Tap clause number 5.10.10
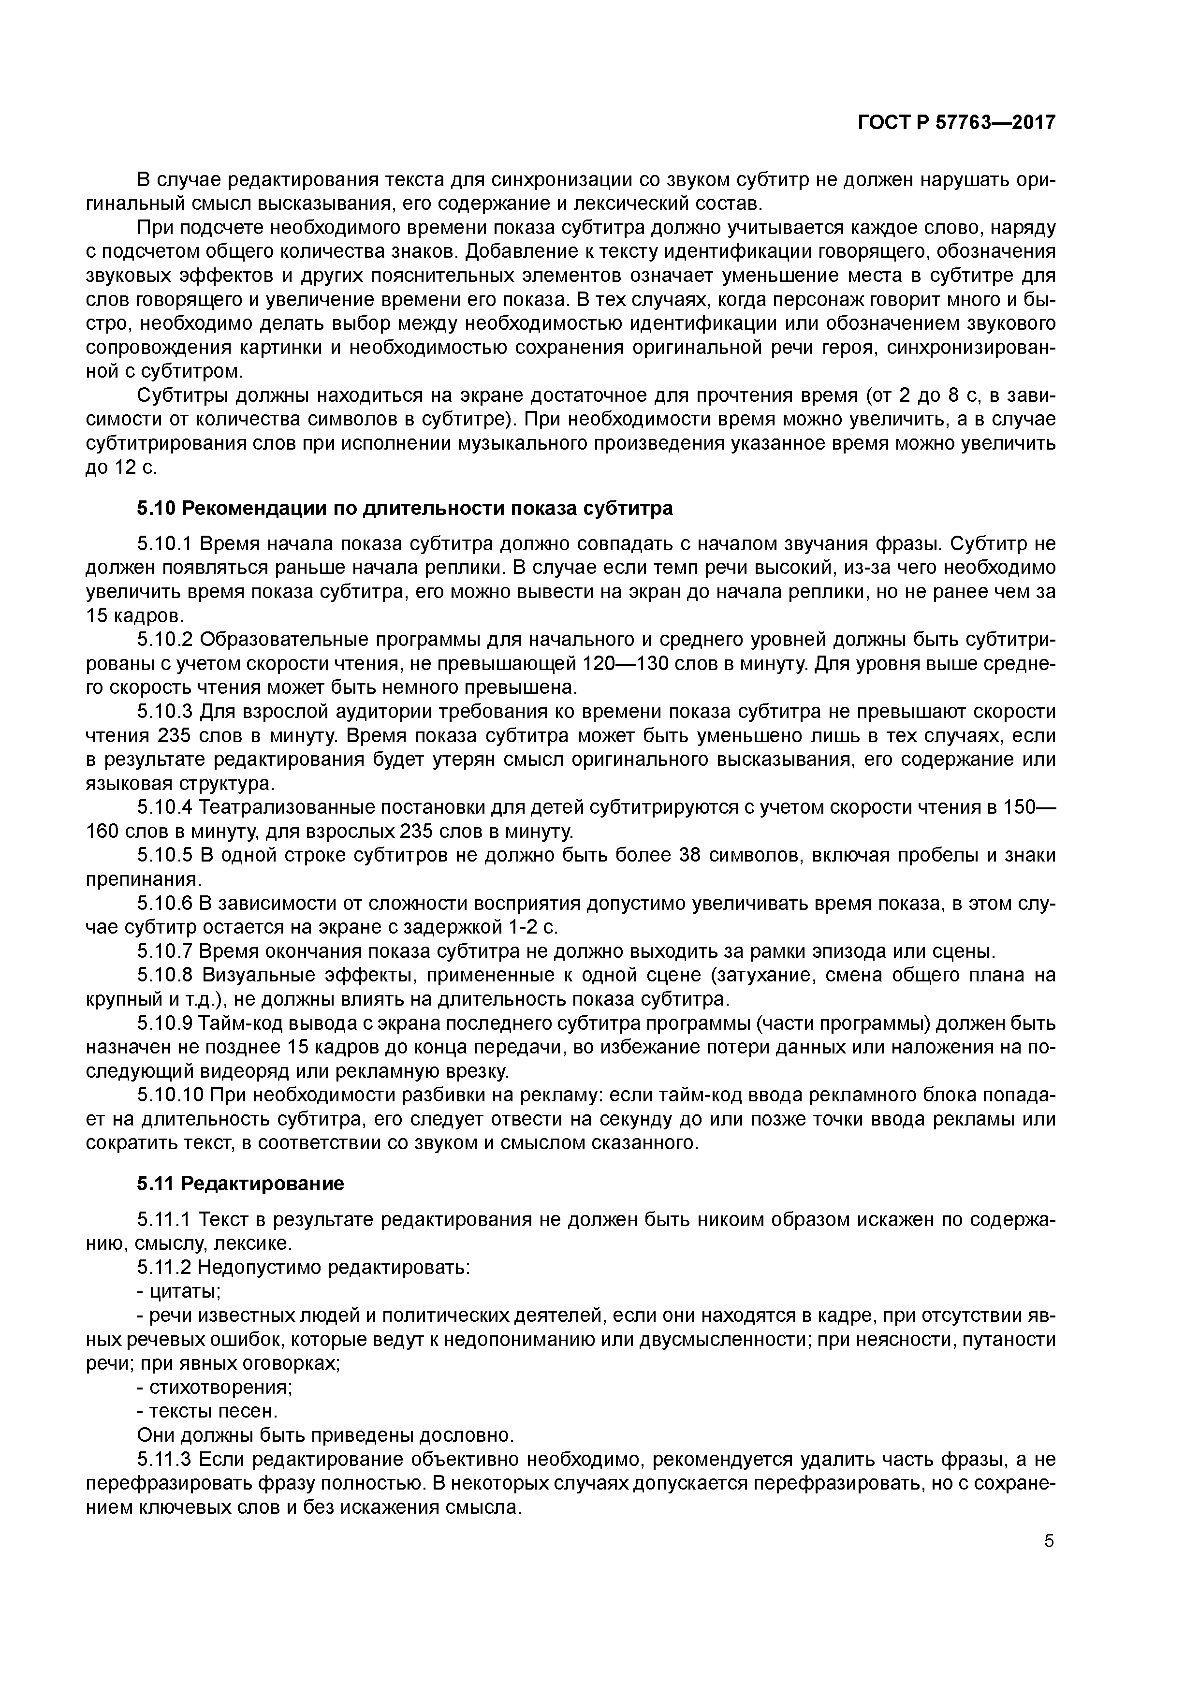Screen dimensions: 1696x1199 point(170,1096)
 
